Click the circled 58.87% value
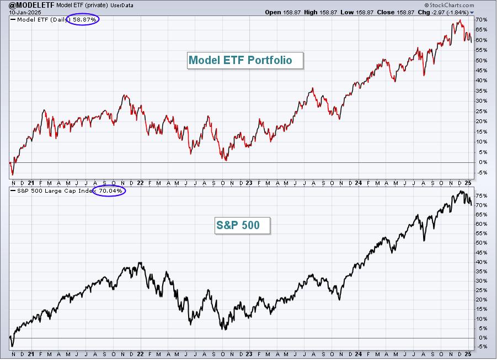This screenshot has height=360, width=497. point(84,20)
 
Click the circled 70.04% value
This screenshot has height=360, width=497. point(110,191)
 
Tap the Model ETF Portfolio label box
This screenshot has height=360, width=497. point(245,60)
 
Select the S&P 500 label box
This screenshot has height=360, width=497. point(243,225)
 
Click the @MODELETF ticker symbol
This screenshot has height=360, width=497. point(31,5)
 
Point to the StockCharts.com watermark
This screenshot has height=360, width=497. point(449,5)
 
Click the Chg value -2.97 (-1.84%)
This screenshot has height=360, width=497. point(450,12)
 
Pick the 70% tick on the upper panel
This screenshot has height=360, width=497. point(481,20)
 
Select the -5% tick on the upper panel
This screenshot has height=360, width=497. point(481,173)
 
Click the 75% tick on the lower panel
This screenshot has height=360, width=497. point(481,196)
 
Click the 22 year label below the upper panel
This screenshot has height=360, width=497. point(140,183)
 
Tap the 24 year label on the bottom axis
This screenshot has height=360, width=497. point(358,354)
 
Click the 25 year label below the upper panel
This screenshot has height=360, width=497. point(468,183)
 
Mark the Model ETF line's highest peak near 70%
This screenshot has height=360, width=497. point(460,20)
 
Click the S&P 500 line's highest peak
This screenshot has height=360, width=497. point(460,191)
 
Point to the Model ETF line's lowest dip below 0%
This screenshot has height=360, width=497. point(13,175)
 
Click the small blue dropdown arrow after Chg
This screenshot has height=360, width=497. point(472,13)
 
